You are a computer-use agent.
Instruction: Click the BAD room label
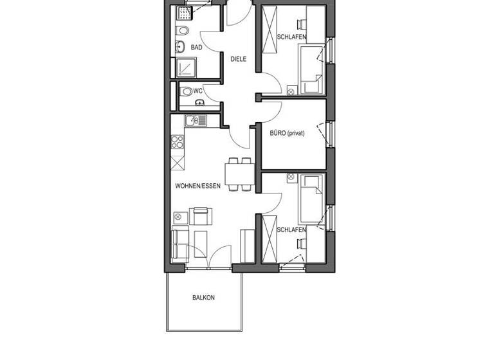click(x=196, y=47)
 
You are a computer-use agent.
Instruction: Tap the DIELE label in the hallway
click(x=239, y=59)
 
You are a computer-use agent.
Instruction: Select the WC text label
click(x=198, y=91)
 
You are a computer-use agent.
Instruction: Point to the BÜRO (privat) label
click(x=288, y=134)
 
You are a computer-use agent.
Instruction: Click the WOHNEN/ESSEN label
click(x=197, y=186)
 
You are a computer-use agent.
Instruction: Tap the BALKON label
click(x=203, y=298)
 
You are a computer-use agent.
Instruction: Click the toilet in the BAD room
click(x=183, y=30)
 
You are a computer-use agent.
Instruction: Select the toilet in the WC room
click(x=187, y=91)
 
